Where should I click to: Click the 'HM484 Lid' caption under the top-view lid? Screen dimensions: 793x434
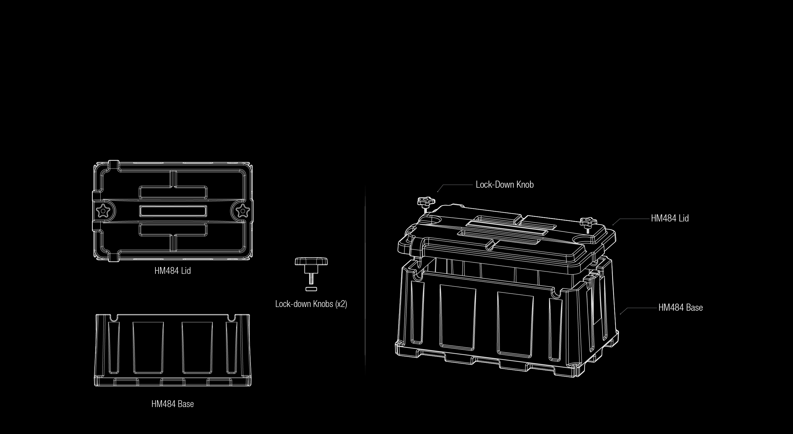[x=172, y=271]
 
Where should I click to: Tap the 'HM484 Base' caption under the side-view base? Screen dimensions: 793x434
[x=172, y=404]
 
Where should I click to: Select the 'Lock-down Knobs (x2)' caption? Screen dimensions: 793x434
[x=311, y=304]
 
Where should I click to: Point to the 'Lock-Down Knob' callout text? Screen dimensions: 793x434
[x=505, y=185]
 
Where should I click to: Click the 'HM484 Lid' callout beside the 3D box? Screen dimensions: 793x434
[x=670, y=218]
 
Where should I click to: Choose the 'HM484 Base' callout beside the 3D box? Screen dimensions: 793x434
[x=681, y=308]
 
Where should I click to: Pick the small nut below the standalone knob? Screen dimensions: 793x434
[x=311, y=289]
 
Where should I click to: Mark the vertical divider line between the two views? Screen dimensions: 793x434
[x=365, y=280]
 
